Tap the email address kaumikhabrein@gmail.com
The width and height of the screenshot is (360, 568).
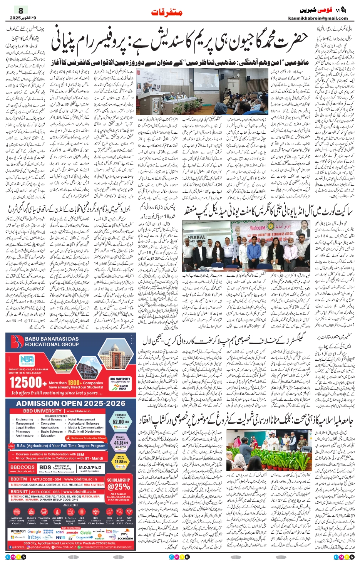coord(318,18)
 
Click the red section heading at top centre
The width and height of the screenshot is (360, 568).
coord(167,12)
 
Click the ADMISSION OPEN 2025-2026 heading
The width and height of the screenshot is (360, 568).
coord(71,403)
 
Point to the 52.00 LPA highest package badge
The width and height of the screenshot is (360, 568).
coord(120,421)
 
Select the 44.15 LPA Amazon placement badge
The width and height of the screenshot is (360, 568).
coord(120,443)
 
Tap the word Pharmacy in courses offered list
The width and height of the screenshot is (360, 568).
coord(23,432)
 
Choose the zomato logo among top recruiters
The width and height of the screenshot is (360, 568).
coord(72,532)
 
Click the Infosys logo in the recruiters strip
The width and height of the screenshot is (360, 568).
coord(34,537)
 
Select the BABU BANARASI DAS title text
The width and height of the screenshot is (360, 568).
coord(52,339)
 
